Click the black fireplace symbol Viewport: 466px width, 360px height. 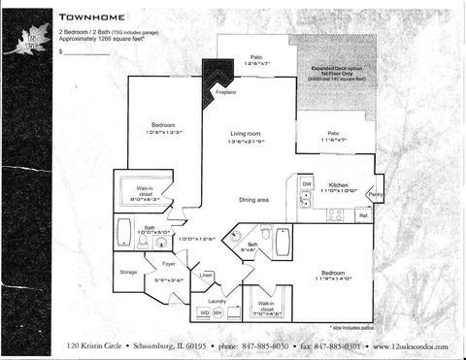pos(216,77)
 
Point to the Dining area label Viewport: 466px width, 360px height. pos(253,200)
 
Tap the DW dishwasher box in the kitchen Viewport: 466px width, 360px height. pos(306,183)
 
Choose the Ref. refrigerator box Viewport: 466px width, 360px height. pos(362,215)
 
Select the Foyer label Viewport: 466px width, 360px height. pos(168,262)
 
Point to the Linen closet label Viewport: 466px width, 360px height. pos(207,276)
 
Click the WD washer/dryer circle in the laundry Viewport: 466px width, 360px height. pos(204,313)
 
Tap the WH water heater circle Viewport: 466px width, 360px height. pos(217,313)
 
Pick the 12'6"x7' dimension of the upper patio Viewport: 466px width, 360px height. pos(253,62)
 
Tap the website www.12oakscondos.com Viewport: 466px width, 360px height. pos(409,346)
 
